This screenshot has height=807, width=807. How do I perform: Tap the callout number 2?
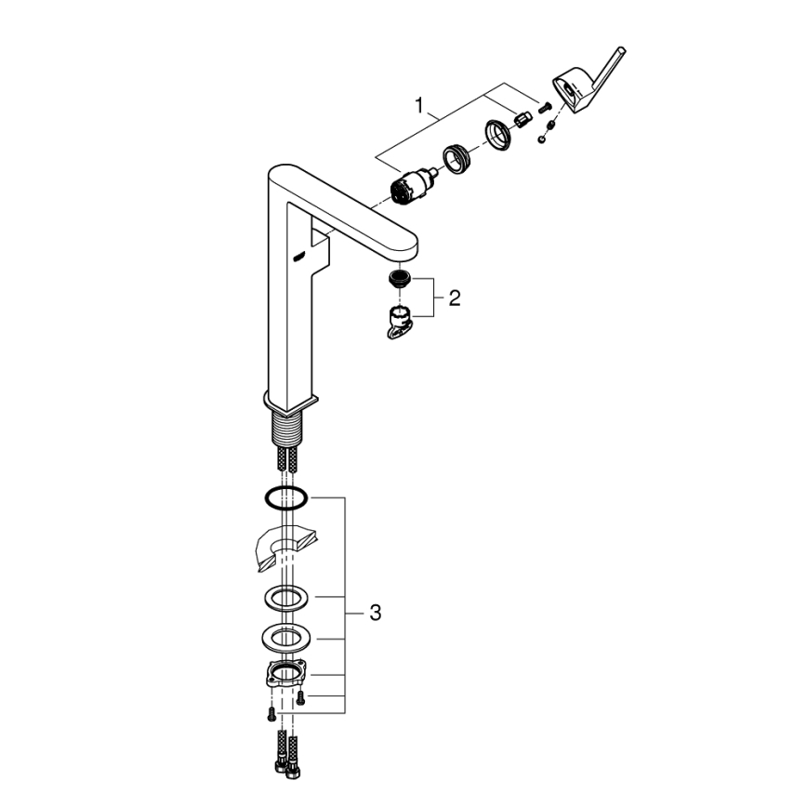tap(454, 298)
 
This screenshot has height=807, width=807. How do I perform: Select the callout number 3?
tap(375, 613)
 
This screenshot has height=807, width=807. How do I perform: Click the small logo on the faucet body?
tap(299, 258)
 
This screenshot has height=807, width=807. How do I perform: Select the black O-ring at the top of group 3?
tap(285, 498)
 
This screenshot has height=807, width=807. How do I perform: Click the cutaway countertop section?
tap(284, 549)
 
